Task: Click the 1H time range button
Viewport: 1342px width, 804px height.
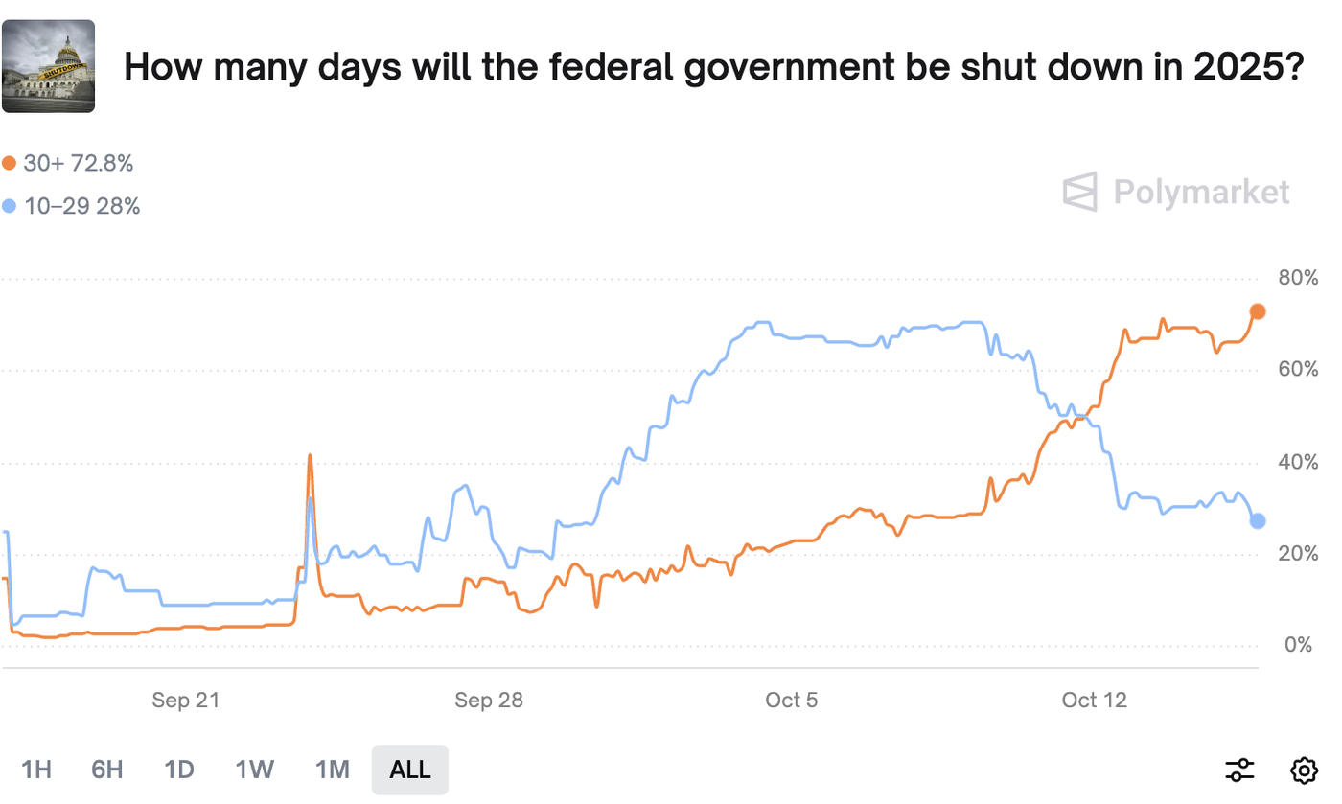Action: [x=36, y=769]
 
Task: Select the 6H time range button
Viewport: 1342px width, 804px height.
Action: [x=107, y=769]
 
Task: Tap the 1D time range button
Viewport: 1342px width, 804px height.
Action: [x=179, y=769]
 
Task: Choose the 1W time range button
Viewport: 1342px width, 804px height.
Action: [x=255, y=769]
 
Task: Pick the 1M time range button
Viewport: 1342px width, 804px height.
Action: [x=332, y=769]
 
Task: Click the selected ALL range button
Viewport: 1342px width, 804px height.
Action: [x=410, y=769]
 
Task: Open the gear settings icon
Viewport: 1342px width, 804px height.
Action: [x=1304, y=769]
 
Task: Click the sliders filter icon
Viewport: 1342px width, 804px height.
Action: [x=1239, y=769]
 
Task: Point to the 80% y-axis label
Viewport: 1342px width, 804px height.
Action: [x=1299, y=278]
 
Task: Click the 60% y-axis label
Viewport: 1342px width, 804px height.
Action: [x=1299, y=370]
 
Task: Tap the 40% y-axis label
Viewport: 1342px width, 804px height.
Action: [x=1299, y=463]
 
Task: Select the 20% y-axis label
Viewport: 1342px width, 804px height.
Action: [x=1299, y=554]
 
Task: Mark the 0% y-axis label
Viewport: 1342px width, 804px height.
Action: [x=1299, y=645]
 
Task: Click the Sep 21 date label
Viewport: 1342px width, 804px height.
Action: [x=186, y=701]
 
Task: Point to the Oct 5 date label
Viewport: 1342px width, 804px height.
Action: [x=792, y=701]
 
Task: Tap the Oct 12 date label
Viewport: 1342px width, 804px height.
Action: [x=1095, y=701]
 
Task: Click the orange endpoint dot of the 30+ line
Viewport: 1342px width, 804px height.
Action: [x=1258, y=311]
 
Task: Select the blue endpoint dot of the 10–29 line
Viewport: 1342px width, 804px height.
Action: [x=1258, y=520]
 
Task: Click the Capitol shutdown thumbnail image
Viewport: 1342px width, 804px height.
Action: [x=49, y=66]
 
